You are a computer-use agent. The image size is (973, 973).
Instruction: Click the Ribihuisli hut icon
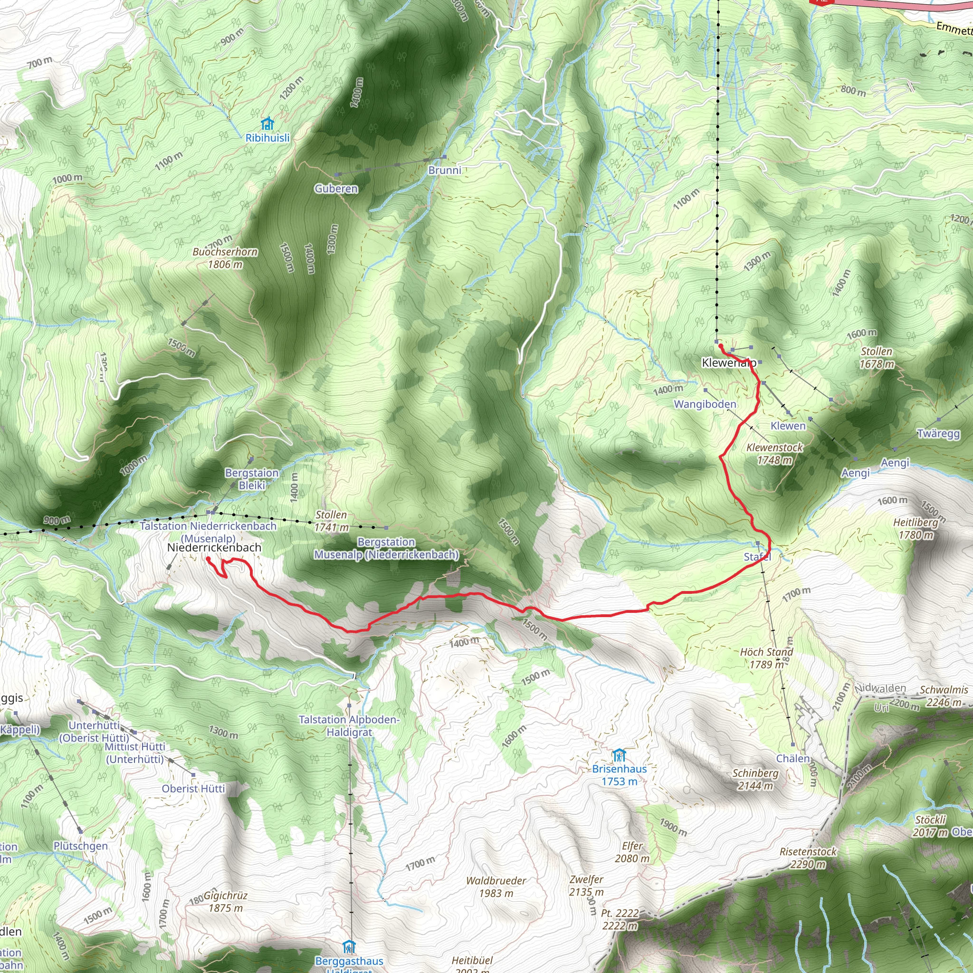pos(267,124)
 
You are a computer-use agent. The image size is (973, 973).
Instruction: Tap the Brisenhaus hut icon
pos(619,755)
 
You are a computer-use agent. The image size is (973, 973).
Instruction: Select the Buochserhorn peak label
pos(225,258)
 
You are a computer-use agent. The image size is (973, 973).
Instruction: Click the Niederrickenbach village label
pos(214,547)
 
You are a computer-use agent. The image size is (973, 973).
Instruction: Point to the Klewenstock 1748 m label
pos(774,453)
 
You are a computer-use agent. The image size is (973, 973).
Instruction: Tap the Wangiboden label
pos(705,404)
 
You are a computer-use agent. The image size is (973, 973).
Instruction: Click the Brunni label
pos(445,170)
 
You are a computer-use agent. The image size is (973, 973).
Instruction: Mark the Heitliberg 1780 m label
pos(916,528)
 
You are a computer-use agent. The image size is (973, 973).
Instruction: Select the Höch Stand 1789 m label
pos(766,658)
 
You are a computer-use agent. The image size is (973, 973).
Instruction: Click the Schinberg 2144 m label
pos(755,779)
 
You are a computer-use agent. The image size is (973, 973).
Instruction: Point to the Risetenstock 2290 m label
pos(808,858)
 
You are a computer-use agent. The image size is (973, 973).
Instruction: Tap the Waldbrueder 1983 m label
pos(496,887)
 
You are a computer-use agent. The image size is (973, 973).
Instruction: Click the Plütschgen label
pos(81,846)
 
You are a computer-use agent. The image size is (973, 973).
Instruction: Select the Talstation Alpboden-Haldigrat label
pos(349,726)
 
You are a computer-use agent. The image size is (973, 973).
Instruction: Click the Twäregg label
pos(938,433)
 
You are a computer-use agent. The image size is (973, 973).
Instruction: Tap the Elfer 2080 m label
pos(632,852)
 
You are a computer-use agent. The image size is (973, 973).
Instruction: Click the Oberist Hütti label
pos(193,788)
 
